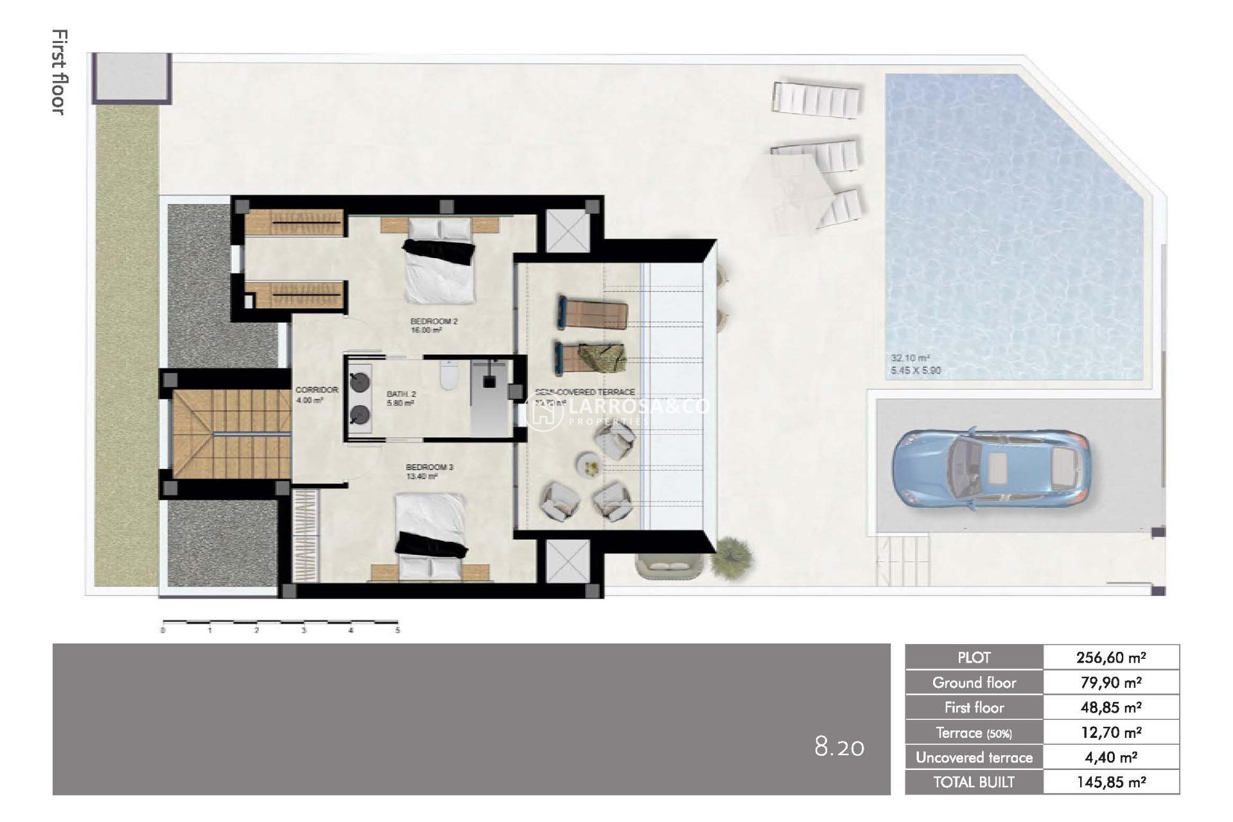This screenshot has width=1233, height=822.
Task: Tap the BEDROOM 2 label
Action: [433, 321]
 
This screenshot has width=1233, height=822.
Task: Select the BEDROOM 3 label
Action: [429, 467]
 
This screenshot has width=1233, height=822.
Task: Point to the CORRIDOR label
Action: [317, 390]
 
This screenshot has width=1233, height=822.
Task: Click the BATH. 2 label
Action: [401, 394]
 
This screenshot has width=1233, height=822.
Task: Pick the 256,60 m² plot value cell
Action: [1111, 658]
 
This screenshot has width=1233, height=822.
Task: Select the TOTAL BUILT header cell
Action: [974, 782]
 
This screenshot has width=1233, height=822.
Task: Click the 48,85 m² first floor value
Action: [1111, 708]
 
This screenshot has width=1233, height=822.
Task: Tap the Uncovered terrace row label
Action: [974, 758]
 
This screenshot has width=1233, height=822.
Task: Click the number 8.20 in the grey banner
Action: [839, 747]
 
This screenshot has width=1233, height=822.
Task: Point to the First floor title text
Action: [59, 72]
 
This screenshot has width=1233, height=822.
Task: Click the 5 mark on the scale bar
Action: [398, 630]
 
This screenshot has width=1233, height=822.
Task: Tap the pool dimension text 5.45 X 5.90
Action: [915, 371]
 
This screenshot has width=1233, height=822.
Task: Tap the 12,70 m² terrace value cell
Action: [1111, 733]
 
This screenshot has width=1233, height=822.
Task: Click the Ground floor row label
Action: [974, 683]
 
